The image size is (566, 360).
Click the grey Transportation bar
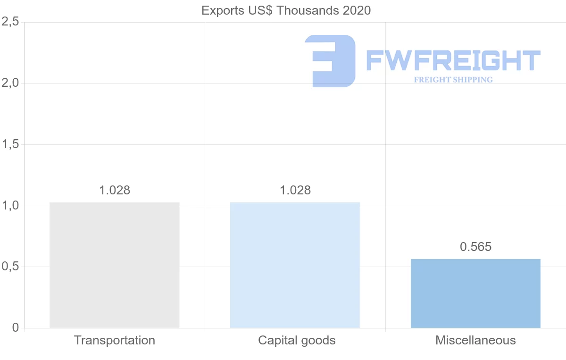point(115,265)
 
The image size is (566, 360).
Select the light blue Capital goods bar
point(295,265)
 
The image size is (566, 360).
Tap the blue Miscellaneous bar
point(475,293)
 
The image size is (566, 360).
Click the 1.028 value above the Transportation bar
point(115,190)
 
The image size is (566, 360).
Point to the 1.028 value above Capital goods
point(295,190)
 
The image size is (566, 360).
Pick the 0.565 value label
point(475,247)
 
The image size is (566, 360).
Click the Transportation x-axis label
point(115,340)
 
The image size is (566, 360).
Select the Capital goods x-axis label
point(297,340)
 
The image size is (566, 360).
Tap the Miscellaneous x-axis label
point(475,340)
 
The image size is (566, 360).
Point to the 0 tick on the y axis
point(15,328)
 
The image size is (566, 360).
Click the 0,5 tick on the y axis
point(10,267)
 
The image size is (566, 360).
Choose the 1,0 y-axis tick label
point(10,206)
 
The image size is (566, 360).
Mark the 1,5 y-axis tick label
point(10,144)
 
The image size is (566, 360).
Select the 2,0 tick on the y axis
point(10,83)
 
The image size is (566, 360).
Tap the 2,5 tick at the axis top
point(10,22)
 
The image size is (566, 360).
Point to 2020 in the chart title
point(357,10)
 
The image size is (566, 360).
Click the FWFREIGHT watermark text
point(453,60)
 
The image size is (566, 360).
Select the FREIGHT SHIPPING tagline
point(453,80)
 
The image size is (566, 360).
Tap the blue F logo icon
point(330,61)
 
